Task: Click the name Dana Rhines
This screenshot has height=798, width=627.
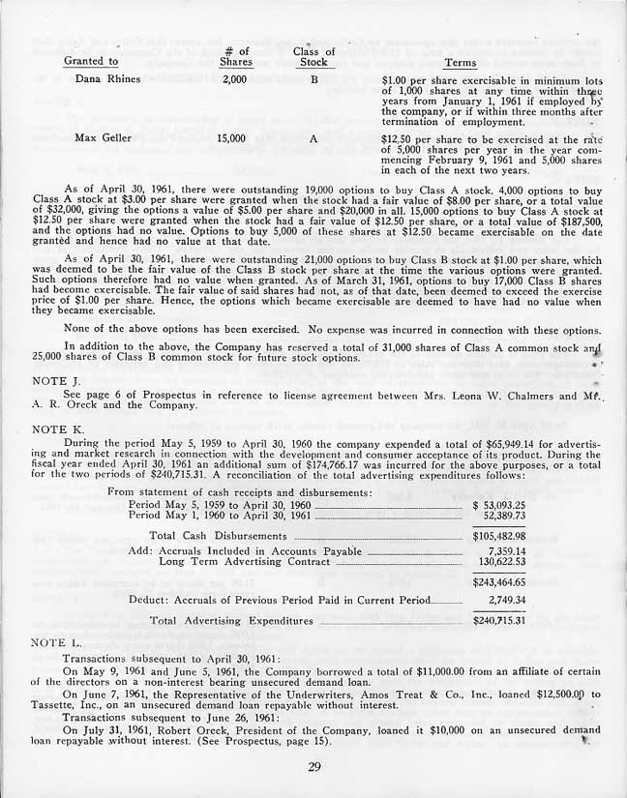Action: (x=107, y=79)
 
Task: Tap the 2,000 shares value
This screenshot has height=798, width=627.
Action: (x=234, y=79)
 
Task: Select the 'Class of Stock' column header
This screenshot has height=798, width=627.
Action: (x=313, y=56)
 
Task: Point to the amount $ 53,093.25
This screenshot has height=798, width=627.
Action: (x=499, y=505)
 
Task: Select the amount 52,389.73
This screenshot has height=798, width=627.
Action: (x=503, y=517)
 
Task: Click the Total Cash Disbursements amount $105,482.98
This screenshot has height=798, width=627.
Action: (x=499, y=535)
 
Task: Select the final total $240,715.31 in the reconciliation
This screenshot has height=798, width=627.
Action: (x=499, y=620)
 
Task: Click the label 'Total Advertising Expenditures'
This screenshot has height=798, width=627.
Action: (x=231, y=620)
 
